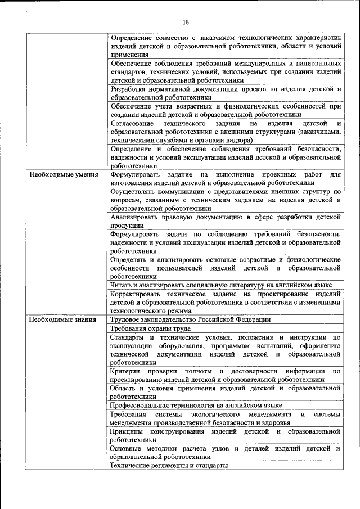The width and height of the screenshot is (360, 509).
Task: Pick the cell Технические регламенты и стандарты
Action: coord(169,466)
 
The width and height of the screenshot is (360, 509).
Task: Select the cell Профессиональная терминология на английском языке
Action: coord(196,405)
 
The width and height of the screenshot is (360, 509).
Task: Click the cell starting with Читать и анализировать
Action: coord(225,285)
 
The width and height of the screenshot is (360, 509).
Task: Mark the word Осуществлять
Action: coord(135,191)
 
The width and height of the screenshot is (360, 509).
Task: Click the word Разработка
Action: coord(129,89)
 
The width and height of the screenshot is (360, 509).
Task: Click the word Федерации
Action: coord(248,319)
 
